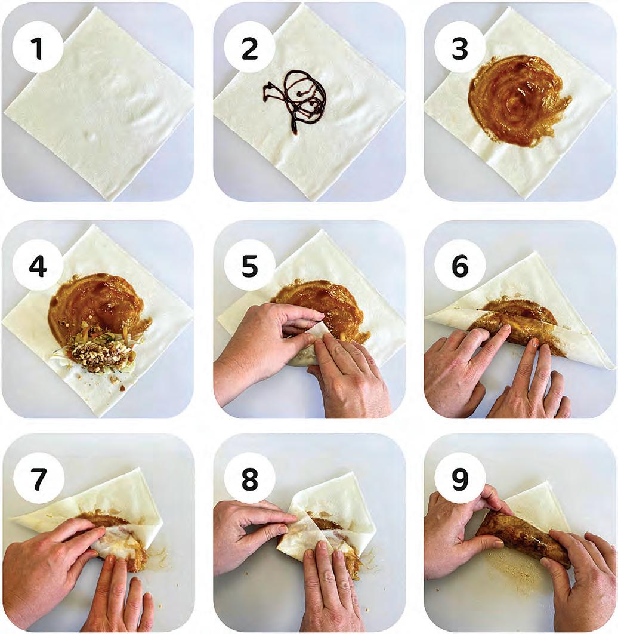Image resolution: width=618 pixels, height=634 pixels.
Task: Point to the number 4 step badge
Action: pos(38,266)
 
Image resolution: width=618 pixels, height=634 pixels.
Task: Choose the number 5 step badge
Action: pos(249,266)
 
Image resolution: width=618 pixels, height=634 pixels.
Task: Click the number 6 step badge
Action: pos(460,266)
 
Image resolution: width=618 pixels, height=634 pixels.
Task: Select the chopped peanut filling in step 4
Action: pos(97,351)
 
